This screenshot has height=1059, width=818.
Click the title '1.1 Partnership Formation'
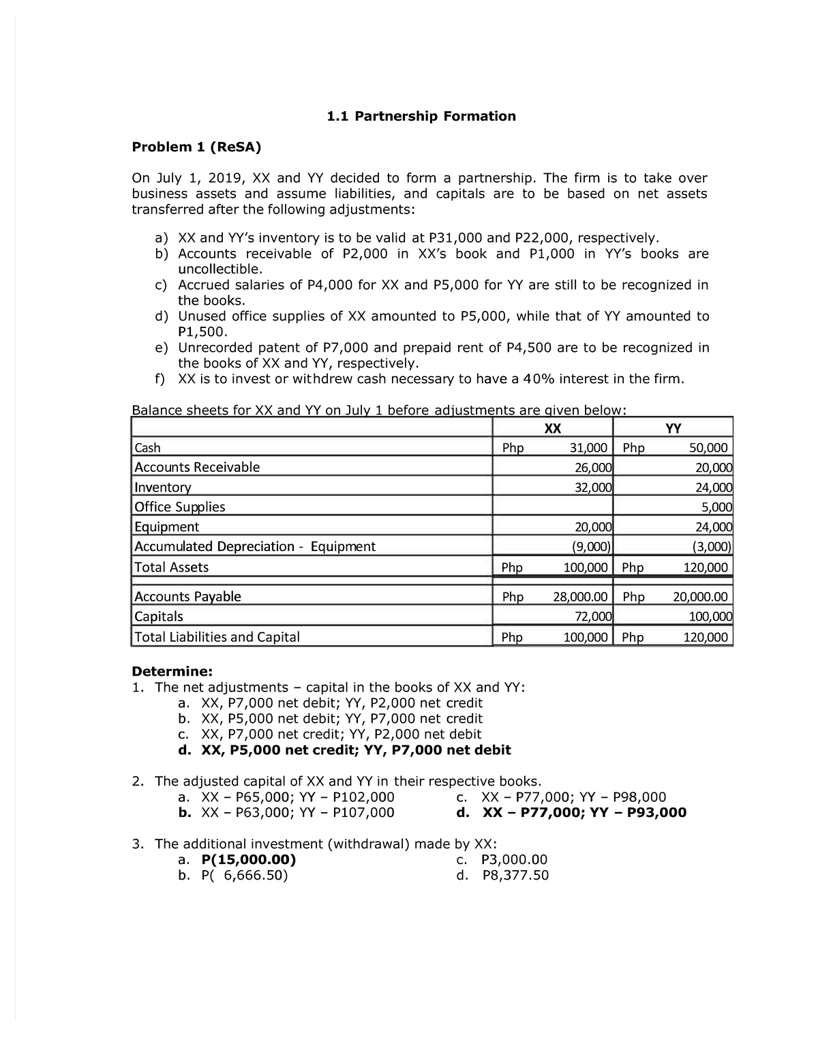coord(421,116)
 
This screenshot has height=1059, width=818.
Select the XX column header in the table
coord(552,428)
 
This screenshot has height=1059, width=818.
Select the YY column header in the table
coord(673,428)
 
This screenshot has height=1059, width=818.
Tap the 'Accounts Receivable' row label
coord(197,467)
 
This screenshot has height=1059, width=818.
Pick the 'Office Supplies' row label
coord(179,507)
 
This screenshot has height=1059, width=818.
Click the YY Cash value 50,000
coord(708,448)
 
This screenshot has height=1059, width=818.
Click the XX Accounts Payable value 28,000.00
coord(580,597)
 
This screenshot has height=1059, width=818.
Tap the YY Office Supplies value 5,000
coord(716,507)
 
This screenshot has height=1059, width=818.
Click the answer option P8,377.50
coord(515,876)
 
